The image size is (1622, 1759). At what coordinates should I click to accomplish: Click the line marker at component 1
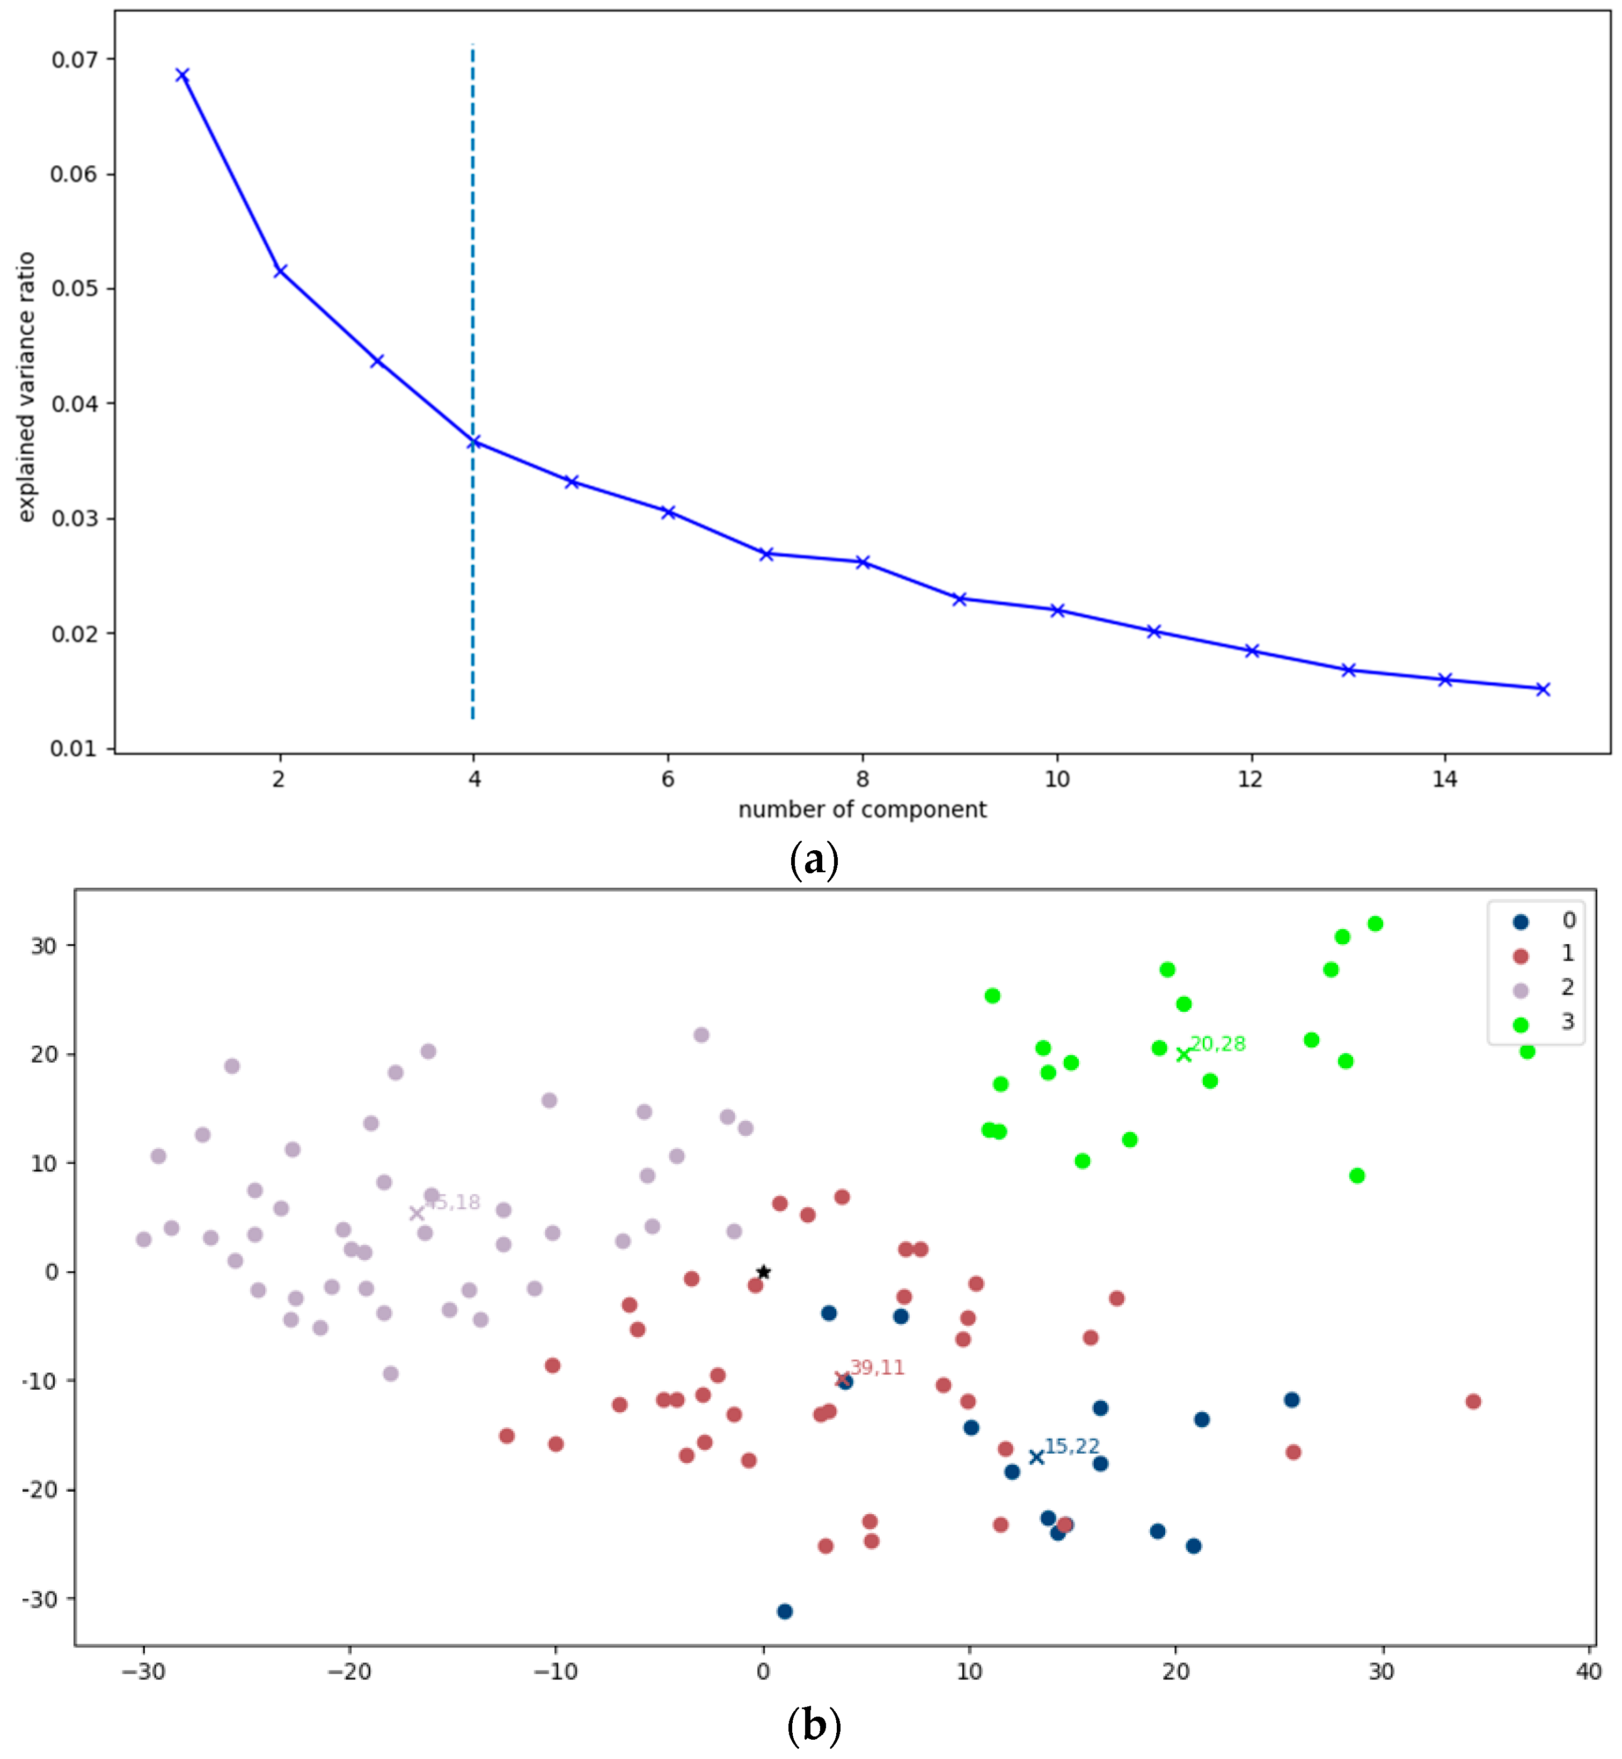coord(182,76)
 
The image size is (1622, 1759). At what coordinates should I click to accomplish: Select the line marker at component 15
coord(1542,689)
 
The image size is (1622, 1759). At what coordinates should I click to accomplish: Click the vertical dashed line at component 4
coord(473,264)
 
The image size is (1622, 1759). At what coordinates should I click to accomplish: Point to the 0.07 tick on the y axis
coord(74,60)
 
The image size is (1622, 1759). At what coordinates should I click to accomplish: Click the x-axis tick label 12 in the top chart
coord(1250,778)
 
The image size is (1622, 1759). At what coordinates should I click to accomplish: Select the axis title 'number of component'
coord(862,809)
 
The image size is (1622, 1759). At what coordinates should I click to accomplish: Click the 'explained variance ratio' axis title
coord(26,386)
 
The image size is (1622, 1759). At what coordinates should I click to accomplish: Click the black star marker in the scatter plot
coord(764,1272)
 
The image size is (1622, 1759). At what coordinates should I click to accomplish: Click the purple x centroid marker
coord(417,1213)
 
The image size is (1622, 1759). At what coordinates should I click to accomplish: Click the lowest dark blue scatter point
coord(785,1611)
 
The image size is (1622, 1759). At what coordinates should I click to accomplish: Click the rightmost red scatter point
coord(1473,1402)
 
